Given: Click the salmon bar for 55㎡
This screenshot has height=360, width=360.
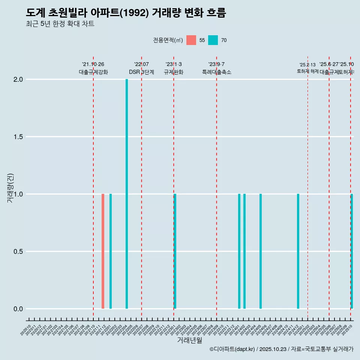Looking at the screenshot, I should click(103, 251).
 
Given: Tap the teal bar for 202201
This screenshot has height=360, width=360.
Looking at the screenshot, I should click(111, 251).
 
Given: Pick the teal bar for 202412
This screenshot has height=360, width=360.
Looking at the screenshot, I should click(298, 251).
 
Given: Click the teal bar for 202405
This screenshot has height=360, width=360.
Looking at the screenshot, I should click(261, 251).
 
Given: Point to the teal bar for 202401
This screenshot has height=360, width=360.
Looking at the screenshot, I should click(239, 251).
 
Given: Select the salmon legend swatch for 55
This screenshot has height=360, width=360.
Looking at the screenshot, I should click(191, 40).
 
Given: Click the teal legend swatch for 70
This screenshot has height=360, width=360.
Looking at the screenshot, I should click(213, 40).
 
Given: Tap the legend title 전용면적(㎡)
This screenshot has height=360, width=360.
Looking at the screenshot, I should click(168, 40).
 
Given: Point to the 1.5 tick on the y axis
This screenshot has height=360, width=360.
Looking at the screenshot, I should click(18, 137).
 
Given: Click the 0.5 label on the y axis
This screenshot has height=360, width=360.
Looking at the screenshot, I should click(18, 252).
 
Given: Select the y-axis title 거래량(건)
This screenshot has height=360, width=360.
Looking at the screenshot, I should click(10, 187).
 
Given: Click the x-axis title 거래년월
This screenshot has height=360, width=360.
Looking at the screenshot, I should click(189, 340).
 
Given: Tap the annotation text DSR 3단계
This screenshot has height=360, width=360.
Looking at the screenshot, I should click(141, 72).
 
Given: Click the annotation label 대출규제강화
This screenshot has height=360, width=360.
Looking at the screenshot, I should click(93, 72).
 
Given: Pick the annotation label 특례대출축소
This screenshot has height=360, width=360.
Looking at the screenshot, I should click(216, 72).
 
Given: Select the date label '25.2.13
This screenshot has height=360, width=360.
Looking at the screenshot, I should click(307, 65).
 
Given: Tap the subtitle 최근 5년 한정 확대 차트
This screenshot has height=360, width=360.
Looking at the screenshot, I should click(60, 24).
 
